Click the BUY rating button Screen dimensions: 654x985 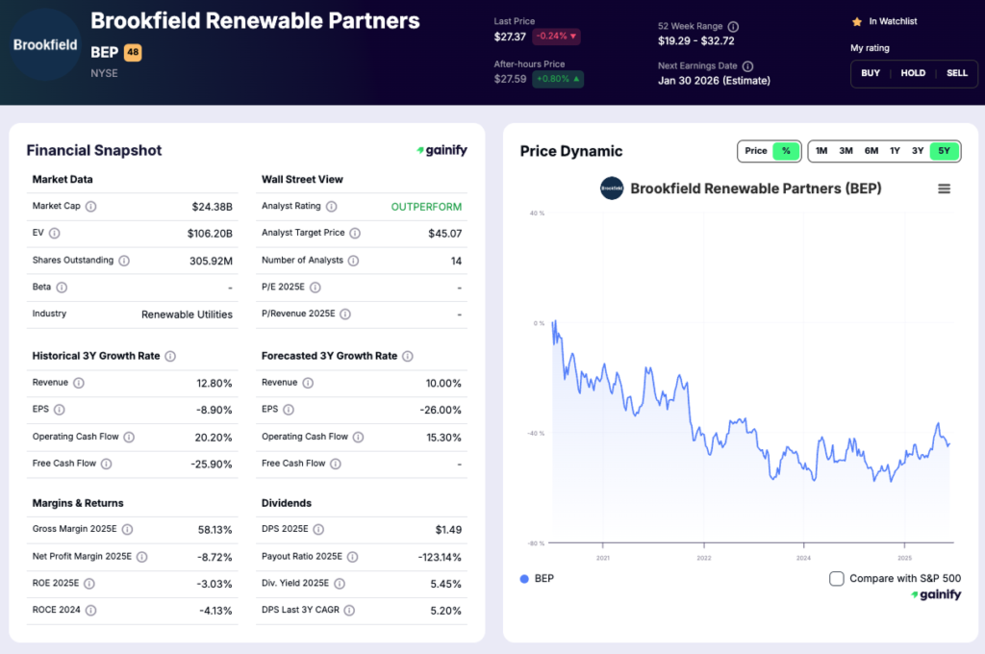871,73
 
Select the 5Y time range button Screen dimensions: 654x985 945,151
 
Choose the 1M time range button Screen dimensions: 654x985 821,151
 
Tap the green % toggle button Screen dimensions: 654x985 786,151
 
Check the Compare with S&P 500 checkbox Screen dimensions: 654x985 837,578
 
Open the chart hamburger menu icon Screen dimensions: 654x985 944,189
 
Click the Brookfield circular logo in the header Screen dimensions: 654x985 45,44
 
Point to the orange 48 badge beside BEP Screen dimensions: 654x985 133,53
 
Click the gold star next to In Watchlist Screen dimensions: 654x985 857,21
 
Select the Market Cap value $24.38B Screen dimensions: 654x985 212,206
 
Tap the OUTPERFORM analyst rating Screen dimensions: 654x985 426,207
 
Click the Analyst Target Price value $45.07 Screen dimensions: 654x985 444,233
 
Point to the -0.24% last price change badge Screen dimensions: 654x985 556,37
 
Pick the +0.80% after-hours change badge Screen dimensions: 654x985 558,79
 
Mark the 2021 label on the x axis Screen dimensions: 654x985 603,557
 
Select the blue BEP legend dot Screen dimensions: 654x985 524,579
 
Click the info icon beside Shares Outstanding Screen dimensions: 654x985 124,261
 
